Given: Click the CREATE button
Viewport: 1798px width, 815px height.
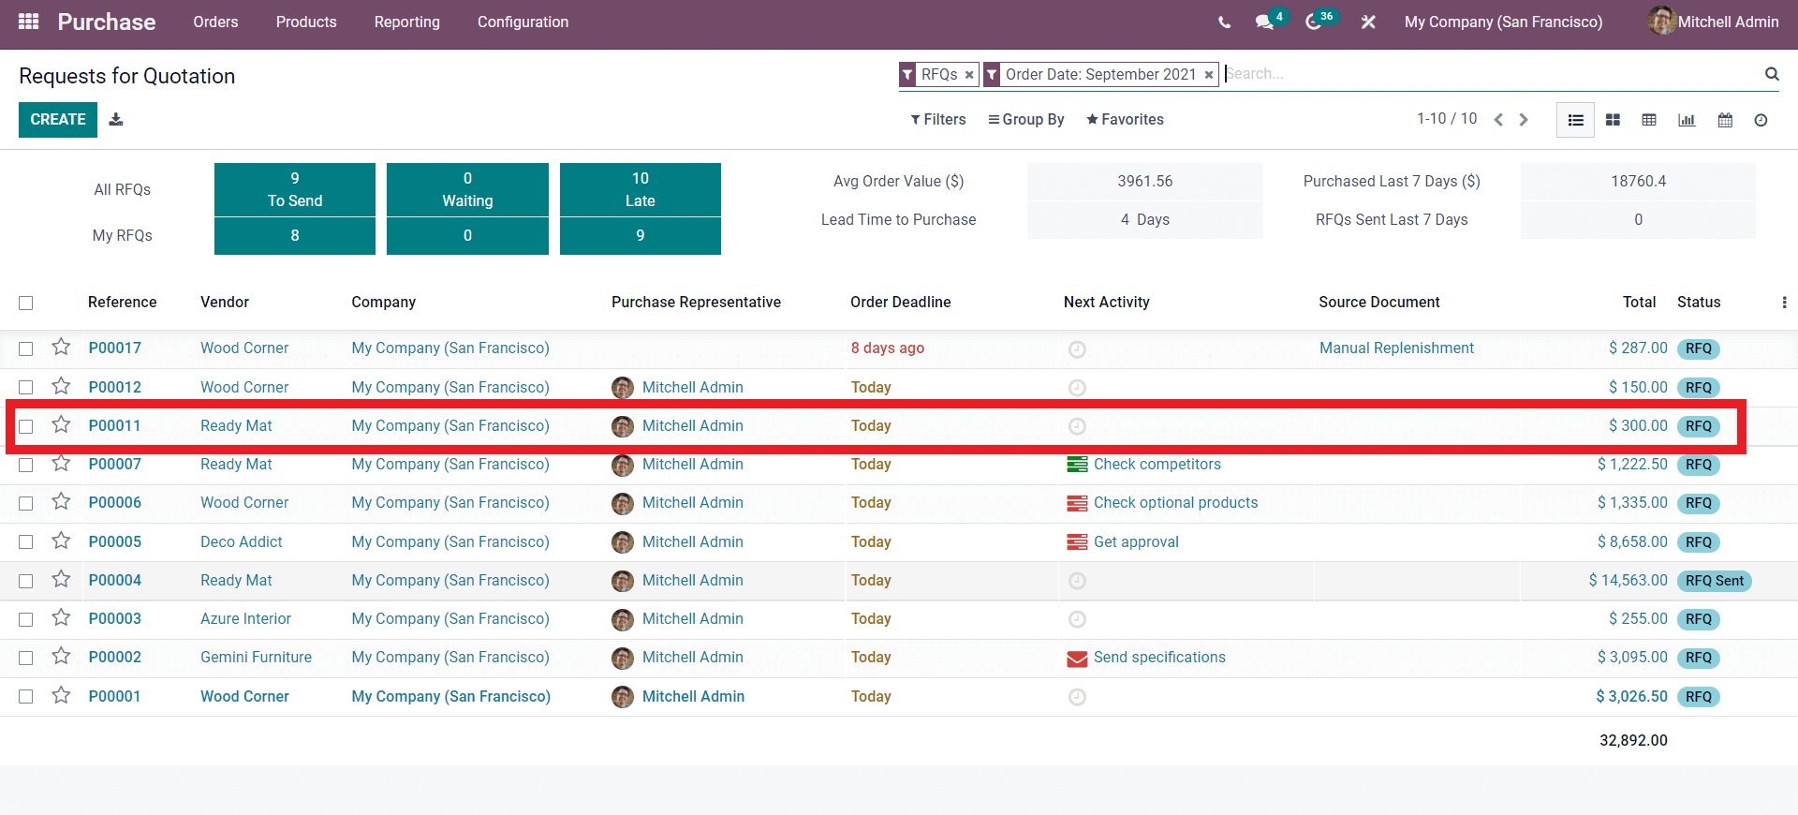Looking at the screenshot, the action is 58,120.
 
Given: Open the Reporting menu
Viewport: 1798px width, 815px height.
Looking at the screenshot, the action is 406,22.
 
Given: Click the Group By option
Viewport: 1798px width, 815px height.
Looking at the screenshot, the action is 1026,120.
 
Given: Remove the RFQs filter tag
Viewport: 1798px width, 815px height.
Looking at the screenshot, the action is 969,75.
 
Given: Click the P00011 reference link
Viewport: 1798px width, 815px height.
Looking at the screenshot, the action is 114,426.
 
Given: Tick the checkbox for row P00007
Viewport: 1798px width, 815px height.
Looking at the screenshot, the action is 26,465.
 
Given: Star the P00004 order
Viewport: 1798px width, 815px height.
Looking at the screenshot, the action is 62,580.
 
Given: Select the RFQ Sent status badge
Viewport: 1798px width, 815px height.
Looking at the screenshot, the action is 1714,581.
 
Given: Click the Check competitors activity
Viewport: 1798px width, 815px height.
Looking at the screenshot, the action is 1157,465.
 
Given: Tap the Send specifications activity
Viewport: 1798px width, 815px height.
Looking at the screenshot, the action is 1159,658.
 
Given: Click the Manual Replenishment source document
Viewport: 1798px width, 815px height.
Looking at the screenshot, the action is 1396,348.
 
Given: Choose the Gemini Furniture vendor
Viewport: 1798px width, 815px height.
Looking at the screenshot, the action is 256,658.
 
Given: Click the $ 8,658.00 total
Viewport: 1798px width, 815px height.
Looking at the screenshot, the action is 1632,542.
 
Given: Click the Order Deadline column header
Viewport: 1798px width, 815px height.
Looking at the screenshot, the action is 900,303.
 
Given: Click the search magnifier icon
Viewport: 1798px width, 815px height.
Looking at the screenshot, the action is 1772,74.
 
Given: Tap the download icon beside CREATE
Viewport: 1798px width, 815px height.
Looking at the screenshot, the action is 116,120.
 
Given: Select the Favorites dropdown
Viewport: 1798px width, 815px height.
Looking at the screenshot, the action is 1125,120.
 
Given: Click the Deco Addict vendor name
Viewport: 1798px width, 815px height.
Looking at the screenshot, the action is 241,542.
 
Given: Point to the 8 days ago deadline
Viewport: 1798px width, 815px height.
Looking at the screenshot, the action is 887,348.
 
